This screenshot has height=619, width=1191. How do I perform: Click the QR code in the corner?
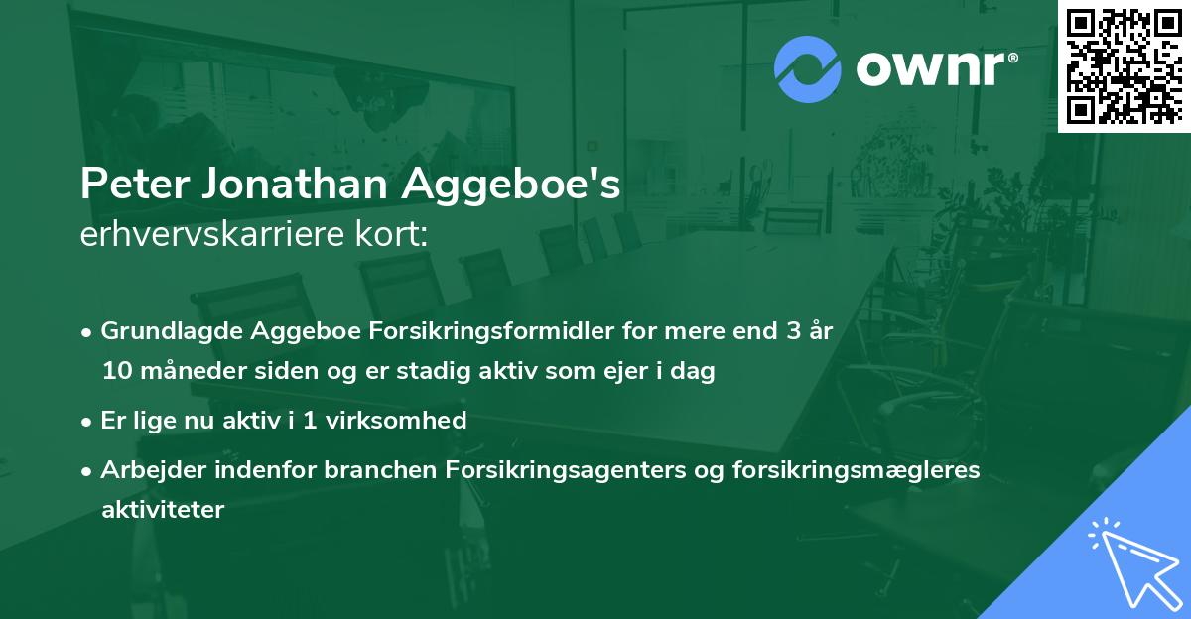[x=1125, y=65]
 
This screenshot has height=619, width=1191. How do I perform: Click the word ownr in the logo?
[x=935, y=68]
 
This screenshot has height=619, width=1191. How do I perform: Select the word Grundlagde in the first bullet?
[x=165, y=331]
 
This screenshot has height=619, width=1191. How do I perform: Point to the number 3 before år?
[x=792, y=331]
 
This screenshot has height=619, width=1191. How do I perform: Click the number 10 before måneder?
[x=115, y=372]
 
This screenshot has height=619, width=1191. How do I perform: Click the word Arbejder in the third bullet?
[x=145, y=470]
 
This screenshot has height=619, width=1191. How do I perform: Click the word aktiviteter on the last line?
[x=163, y=510]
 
